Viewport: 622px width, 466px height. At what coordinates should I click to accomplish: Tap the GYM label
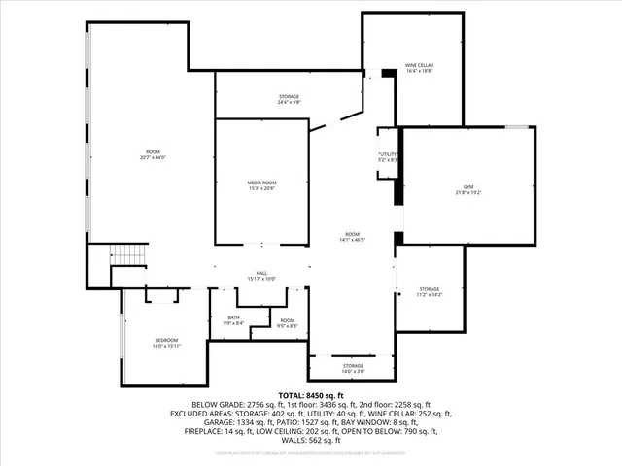467,186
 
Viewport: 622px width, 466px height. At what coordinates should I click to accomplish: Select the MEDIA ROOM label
261,182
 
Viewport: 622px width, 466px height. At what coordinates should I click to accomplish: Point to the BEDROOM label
166,339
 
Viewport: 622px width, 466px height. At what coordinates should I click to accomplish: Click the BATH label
233,317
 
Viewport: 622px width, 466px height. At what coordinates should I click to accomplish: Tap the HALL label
261,273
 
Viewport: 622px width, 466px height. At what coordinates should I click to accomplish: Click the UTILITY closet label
388,154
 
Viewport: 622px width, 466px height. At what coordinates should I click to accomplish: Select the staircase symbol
128,253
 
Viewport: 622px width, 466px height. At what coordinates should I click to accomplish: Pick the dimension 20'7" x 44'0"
154,158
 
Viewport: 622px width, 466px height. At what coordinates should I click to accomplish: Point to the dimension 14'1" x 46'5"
352,240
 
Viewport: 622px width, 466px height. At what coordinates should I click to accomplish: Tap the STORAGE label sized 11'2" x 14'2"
429,289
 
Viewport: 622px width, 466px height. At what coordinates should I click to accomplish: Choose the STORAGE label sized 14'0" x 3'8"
352,365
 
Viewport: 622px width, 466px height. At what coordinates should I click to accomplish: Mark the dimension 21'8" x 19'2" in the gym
467,193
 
